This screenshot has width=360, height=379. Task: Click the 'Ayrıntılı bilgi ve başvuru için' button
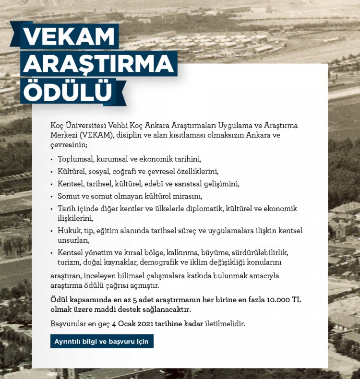coord(102,342)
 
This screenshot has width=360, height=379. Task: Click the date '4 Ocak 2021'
coord(137,323)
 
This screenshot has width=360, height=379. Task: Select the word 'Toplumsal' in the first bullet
coord(75,159)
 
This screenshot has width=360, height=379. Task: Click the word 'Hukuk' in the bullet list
coord(68,231)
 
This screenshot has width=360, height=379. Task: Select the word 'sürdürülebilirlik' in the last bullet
coord(263,253)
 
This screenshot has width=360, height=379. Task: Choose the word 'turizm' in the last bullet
coord(69,262)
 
